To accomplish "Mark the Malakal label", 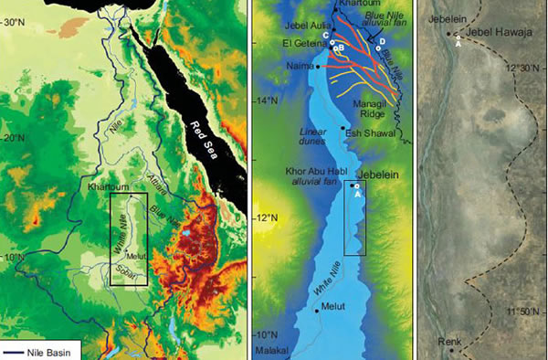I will pos(272,351).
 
